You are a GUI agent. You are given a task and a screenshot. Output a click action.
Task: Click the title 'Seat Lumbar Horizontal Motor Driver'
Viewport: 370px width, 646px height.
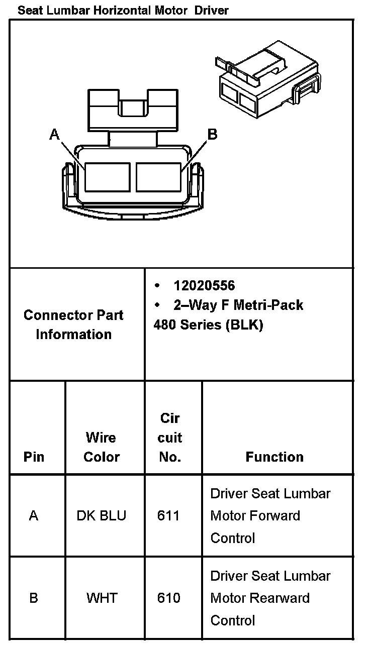tap(123, 10)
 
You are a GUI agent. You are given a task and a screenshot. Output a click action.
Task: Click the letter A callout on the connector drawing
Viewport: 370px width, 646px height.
tap(55, 134)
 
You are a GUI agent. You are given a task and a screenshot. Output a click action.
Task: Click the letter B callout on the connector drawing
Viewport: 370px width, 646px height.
tap(212, 134)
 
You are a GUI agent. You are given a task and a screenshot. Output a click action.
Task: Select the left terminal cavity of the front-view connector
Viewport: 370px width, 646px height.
tap(107, 177)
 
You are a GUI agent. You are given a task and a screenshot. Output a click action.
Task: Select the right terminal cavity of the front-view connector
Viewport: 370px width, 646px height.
tap(158, 177)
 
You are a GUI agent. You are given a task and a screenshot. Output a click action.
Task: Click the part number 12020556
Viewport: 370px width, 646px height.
tap(204, 286)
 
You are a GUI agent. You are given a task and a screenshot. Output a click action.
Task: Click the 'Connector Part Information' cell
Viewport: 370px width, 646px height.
tap(73, 325)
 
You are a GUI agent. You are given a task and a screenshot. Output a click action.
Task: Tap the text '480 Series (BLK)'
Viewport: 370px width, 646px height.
tap(208, 325)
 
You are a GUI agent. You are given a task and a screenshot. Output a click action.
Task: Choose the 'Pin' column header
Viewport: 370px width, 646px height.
tap(34, 457)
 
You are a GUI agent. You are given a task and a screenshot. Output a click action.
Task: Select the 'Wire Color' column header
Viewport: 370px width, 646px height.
tap(102, 447)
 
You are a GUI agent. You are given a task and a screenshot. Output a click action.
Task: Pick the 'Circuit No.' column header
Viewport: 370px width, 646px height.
tap(170, 438)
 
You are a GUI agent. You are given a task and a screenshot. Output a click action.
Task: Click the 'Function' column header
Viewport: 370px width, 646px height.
tap(274, 457)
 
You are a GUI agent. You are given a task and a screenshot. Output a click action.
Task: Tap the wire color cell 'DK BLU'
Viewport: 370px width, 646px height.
tap(102, 516)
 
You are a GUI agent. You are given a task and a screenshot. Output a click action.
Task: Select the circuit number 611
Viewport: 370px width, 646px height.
tap(168, 516)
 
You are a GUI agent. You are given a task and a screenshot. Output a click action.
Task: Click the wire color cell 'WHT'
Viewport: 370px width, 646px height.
tap(102, 598)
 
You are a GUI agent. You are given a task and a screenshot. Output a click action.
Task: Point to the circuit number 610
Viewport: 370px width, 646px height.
tap(168, 598)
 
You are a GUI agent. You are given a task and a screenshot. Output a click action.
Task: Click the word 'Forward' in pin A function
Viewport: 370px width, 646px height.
tap(276, 516)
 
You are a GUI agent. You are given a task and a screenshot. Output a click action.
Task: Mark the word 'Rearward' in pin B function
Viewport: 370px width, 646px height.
tap(280, 598)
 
